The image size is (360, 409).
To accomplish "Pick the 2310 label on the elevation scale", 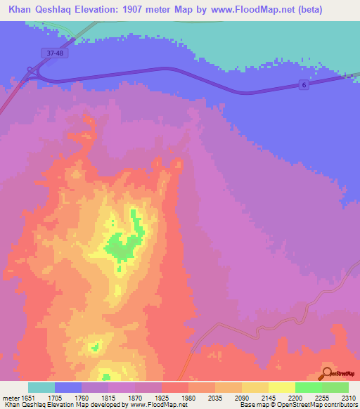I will point(348,398).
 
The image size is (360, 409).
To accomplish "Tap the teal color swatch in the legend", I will point(41,387).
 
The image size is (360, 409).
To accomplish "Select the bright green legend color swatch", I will point(308,387).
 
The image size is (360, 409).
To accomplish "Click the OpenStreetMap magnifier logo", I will point(327,373).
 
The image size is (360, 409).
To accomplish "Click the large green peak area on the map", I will point(124,244).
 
